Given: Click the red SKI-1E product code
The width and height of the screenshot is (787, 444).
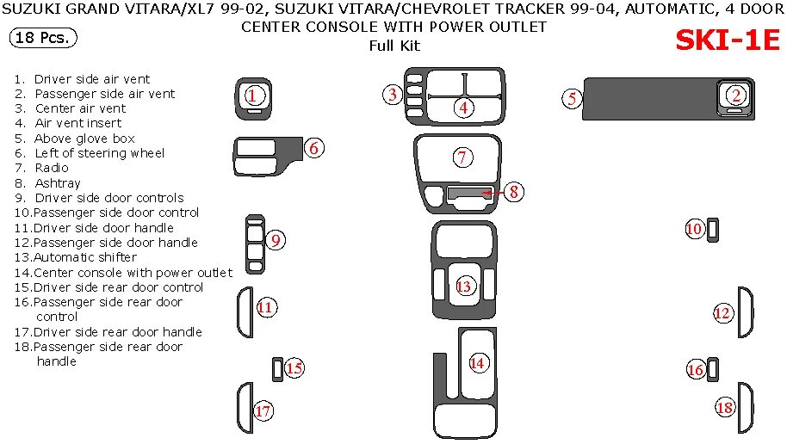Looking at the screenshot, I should pyautogui.click(x=727, y=40).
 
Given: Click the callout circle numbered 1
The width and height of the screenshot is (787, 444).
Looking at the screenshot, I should pyautogui.click(x=253, y=96).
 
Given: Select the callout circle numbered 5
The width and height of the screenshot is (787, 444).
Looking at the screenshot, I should pyautogui.click(x=572, y=99).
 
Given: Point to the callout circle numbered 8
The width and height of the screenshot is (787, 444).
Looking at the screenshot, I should pyautogui.click(x=513, y=193).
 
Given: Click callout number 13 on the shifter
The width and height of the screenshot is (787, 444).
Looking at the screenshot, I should pyautogui.click(x=464, y=287).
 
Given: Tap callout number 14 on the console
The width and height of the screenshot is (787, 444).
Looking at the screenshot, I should pyautogui.click(x=477, y=363).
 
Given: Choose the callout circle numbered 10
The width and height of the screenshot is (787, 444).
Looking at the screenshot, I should pyautogui.click(x=695, y=229).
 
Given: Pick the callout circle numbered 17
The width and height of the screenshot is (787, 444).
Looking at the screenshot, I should pyautogui.click(x=263, y=411).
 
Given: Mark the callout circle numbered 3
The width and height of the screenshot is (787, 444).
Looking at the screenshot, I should pyautogui.click(x=393, y=95).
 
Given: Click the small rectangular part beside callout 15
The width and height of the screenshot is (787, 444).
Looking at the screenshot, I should pyautogui.click(x=276, y=368).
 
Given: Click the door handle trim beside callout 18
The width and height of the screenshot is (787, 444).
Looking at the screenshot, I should pyautogui.click(x=746, y=408).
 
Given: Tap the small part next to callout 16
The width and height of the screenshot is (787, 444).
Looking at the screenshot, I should pyautogui.click(x=714, y=369).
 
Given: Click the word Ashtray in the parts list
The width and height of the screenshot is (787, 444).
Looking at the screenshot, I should pyautogui.click(x=58, y=183).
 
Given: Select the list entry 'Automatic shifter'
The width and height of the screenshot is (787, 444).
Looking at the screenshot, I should pyautogui.click(x=85, y=257).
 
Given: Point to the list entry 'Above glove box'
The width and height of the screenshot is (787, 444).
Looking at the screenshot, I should pyautogui.click(x=84, y=139).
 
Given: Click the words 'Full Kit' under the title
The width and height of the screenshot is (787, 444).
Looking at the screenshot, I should pyautogui.click(x=394, y=46).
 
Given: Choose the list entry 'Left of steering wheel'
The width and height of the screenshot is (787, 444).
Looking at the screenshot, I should pyautogui.click(x=99, y=153).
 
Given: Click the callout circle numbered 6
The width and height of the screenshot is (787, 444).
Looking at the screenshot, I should pyautogui.click(x=314, y=149).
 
